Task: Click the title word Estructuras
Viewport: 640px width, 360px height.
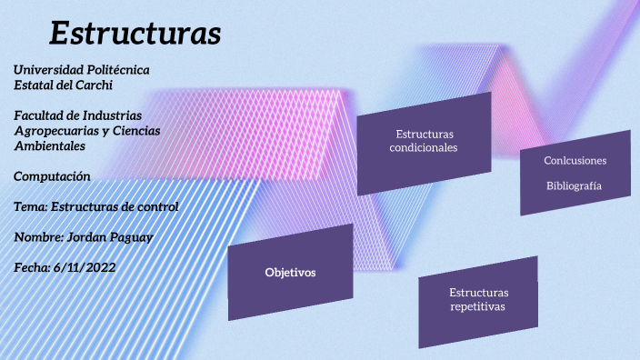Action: click(135, 34)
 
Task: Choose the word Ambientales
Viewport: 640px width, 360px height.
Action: click(50, 145)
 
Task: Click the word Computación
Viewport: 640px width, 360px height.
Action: click(53, 175)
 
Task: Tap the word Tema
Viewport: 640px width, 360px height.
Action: click(30, 206)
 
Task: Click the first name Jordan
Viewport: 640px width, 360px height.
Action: click(86, 237)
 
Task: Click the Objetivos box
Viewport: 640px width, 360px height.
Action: click(290, 273)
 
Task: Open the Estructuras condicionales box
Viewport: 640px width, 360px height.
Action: click(424, 142)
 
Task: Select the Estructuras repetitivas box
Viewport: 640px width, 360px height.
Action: click(478, 300)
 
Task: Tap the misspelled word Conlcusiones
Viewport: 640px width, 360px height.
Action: click(575, 161)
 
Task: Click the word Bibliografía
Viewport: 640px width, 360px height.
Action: click(574, 185)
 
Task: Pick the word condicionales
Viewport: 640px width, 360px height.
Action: click(424, 147)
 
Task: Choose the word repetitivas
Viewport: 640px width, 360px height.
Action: click(478, 307)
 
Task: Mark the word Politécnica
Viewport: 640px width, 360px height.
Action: click(117, 70)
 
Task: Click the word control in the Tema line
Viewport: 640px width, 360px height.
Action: click(157, 206)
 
